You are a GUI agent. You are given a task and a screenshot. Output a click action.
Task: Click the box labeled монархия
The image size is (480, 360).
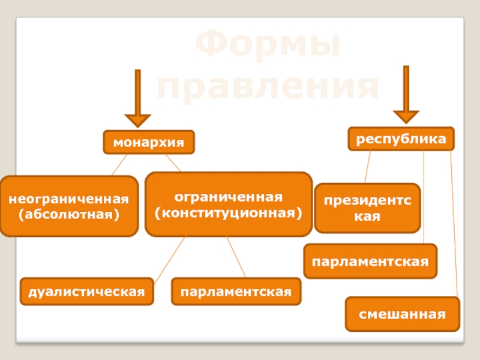pos(149,143)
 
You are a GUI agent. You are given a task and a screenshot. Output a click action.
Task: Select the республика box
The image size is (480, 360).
pos(401,139)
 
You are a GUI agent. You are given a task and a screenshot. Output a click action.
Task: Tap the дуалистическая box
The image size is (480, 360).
pos(86,291)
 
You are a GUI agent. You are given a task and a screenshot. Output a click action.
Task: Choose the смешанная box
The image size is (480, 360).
pos(402,314)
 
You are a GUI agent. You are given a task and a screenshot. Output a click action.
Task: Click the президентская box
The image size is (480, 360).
pos(367,208)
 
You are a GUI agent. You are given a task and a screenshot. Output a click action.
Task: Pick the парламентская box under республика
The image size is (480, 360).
pos(370,262)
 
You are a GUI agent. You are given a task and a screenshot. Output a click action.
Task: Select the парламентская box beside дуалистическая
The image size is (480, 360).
pos(236,291)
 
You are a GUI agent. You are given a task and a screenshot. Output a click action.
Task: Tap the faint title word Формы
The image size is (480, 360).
pos(268,47)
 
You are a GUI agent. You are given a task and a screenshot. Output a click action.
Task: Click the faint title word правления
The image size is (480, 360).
pos(268,87)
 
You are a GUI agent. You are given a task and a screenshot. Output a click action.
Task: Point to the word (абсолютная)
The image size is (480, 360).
pos(68,214)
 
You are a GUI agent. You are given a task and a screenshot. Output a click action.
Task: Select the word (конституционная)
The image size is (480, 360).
pos(228,212)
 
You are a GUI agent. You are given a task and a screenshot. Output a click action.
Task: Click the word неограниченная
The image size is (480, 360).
pos(68,199)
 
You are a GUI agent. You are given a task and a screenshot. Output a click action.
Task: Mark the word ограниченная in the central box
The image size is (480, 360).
pos(228,197)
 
